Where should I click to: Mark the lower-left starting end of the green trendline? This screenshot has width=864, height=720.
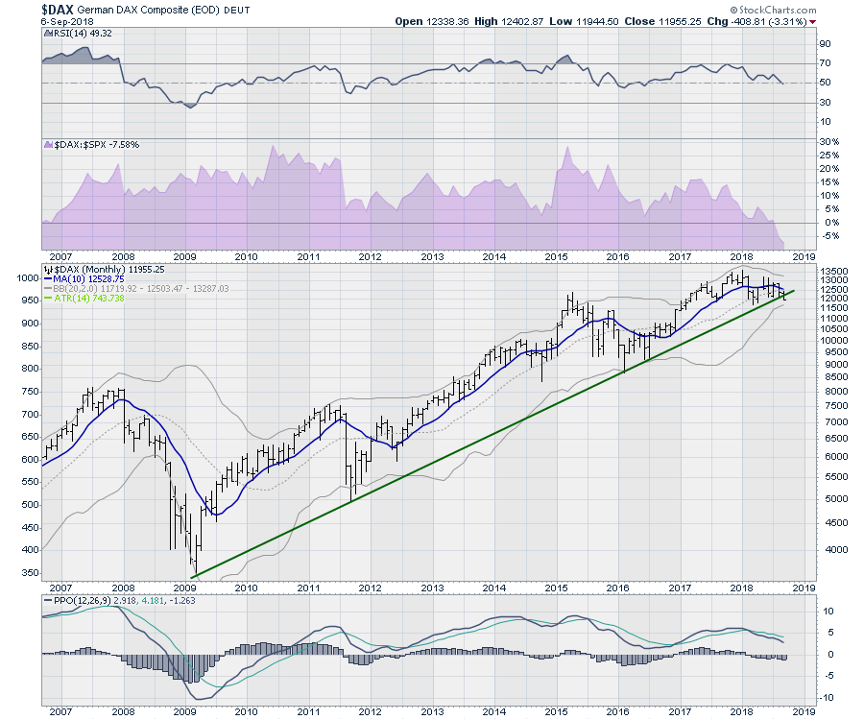pos(192,577)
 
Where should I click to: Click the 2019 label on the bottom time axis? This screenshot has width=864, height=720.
pos(804,712)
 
